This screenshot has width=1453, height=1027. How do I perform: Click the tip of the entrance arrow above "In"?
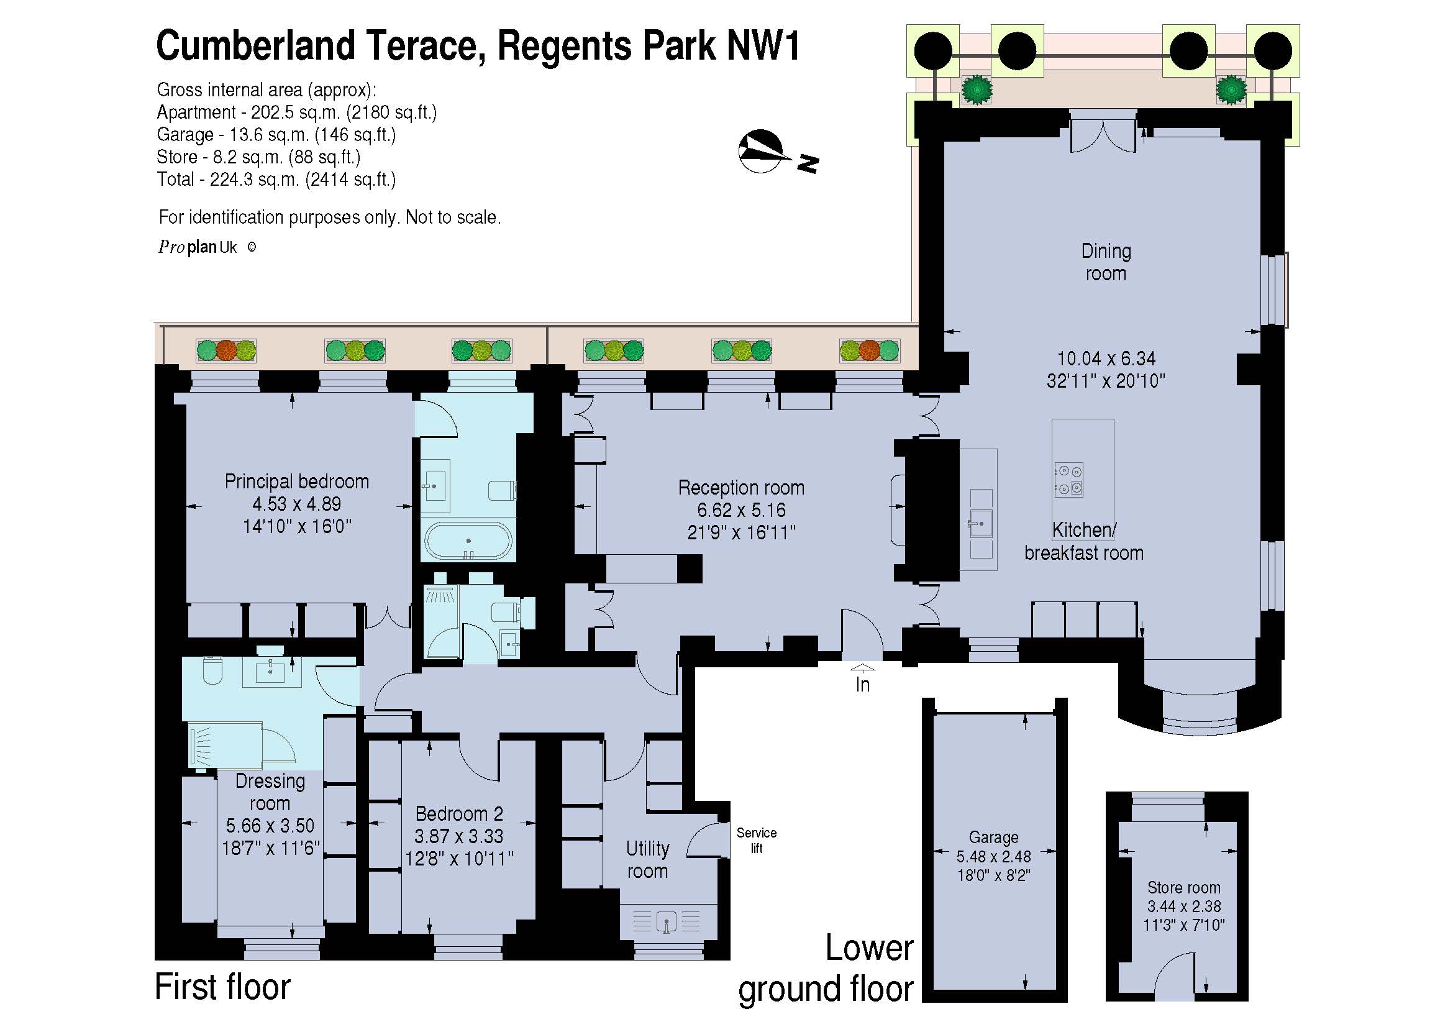(x=863, y=664)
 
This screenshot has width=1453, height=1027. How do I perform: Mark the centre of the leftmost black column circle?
(x=934, y=50)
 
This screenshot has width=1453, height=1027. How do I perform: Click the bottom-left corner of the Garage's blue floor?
(x=935, y=990)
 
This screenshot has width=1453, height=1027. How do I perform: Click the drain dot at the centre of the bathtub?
(x=468, y=541)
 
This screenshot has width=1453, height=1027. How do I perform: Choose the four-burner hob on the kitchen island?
(x=1068, y=480)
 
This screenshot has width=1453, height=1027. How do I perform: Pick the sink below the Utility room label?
(x=667, y=921)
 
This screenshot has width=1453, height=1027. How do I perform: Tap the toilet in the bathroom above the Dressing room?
(x=212, y=672)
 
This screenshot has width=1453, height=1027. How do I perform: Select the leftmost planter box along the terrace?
(x=226, y=350)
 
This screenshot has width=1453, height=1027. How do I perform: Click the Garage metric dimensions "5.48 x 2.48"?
(x=993, y=857)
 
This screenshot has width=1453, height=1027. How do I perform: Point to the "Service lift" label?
(x=756, y=841)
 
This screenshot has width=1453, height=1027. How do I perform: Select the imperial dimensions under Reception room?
(x=741, y=533)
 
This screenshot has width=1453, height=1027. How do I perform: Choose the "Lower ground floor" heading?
(x=826, y=969)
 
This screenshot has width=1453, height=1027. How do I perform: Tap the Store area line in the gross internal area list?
(x=258, y=157)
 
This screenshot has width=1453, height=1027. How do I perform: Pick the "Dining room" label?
(x=1106, y=262)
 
